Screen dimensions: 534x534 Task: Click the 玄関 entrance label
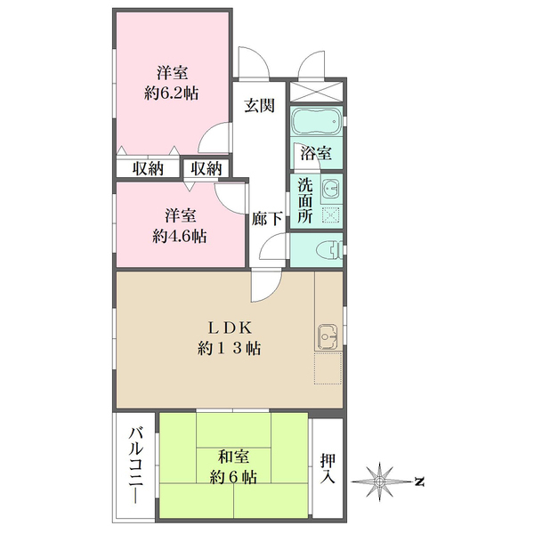point(260,105)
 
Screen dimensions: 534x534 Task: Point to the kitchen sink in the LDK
point(324,337)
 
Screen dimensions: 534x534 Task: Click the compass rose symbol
point(380,481)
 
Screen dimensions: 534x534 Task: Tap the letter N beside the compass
point(418,481)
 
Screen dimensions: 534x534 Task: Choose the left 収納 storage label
point(148,168)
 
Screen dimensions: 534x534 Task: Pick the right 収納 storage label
point(206,168)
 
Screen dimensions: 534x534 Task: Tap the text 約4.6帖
point(180,237)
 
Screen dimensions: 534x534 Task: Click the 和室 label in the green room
point(232,457)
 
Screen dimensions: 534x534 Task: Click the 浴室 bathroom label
point(316,153)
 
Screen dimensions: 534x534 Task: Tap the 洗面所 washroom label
point(304,200)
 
